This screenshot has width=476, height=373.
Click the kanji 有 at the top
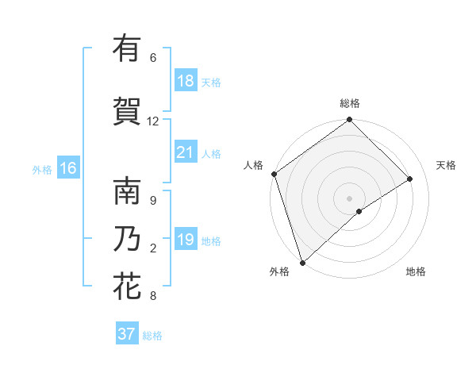[127, 48]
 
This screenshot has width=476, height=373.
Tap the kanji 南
[127, 191]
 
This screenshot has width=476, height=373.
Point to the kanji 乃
[127, 239]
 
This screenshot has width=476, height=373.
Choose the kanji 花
[127, 286]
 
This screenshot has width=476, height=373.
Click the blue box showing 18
[185, 81]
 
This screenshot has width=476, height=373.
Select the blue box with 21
[185, 152]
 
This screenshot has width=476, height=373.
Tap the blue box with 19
[185, 240]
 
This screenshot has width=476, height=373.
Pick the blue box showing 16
[68, 168]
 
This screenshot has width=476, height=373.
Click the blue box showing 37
[126, 334]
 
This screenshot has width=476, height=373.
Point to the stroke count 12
[153, 121]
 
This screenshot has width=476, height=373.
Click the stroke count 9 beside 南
[152, 201]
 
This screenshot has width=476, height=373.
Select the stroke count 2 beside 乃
[152, 248]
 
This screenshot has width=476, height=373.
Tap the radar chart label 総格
[350, 103]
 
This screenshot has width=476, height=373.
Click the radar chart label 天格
[446, 165]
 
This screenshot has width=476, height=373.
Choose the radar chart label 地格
[416, 271]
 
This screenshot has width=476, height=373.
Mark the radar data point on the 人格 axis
[274, 174]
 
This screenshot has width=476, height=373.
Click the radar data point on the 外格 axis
[302, 262]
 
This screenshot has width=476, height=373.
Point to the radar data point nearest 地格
[359, 211]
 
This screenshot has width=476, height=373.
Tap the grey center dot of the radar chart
[349, 198]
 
